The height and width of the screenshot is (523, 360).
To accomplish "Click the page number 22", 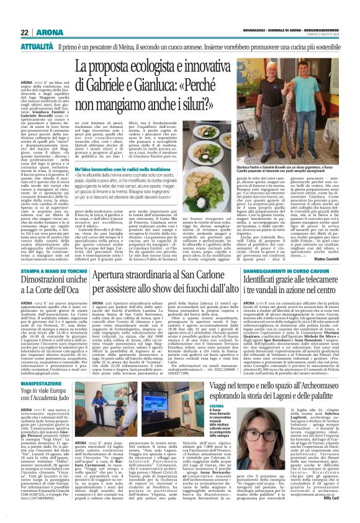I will (25, 32).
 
